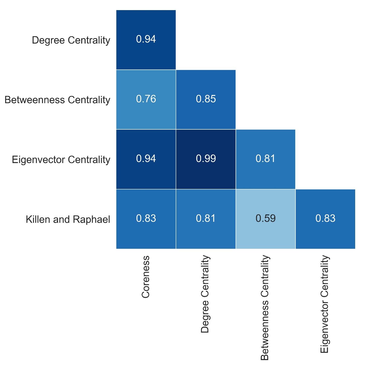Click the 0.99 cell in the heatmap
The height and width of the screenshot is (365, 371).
(206, 159)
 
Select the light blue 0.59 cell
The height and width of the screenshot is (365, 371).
(265, 219)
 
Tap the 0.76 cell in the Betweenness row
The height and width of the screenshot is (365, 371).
(146, 99)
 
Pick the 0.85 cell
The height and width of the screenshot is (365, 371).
(206, 99)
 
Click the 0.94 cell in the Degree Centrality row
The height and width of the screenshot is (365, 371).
(146, 40)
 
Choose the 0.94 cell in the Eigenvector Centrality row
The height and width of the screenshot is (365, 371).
(146, 159)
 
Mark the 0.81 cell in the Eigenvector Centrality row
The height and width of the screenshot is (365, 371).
(265, 159)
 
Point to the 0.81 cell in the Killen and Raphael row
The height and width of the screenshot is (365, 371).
(206, 219)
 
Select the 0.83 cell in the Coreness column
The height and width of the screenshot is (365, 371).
(146, 219)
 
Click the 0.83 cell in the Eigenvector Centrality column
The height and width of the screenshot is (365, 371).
(325, 219)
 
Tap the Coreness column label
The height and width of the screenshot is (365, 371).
(146, 277)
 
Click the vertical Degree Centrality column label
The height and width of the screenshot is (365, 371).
(205, 294)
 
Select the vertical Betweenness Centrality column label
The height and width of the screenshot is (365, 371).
(265, 308)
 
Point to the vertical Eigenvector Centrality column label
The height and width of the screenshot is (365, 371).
(324, 304)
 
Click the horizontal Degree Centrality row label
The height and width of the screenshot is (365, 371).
(71, 40)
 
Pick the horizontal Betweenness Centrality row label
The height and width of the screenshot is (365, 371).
(57, 100)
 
